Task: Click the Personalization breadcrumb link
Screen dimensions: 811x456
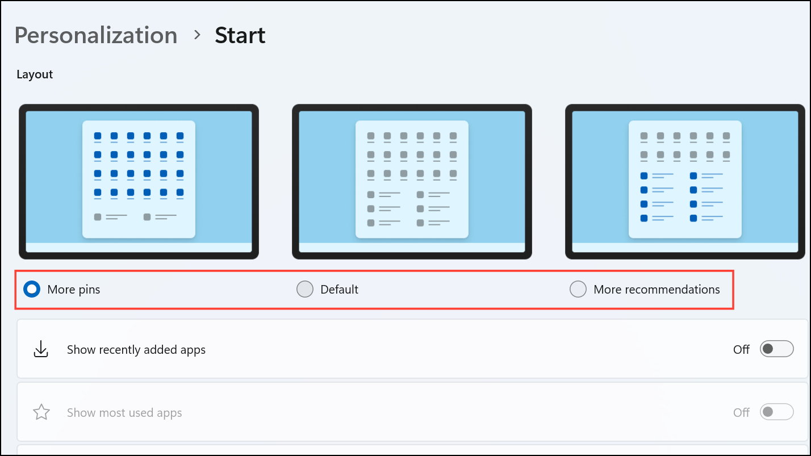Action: pos(96,35)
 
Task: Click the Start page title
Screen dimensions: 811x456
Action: pos(240,35)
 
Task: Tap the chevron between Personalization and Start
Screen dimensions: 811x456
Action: pos(197,35)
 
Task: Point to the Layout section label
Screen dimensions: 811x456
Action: pos(35,74)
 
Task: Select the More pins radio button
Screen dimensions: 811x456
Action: pos(32,289)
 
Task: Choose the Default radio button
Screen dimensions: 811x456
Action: pos(305,289)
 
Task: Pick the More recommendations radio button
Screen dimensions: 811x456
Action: pos(578,289)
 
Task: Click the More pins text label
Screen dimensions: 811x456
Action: pos(73,290)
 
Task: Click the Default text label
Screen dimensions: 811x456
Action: pos(339,290)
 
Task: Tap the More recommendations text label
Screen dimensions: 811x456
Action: pos(657,290)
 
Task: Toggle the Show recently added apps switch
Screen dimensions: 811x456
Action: pos(776,349)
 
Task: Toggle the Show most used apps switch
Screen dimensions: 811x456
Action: pos(776,412)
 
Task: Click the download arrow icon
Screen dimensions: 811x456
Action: pos(41,349)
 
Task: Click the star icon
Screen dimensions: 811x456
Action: pos(41,412)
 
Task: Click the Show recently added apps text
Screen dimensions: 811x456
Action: pos(136,350)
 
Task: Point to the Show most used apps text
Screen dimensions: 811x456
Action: pos(124,413)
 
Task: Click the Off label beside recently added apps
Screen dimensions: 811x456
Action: pos(741,350)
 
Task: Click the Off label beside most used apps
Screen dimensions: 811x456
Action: pos(741,413)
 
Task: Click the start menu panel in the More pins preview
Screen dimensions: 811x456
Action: pos(139,179)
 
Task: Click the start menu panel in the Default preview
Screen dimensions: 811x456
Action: pos(412,179)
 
